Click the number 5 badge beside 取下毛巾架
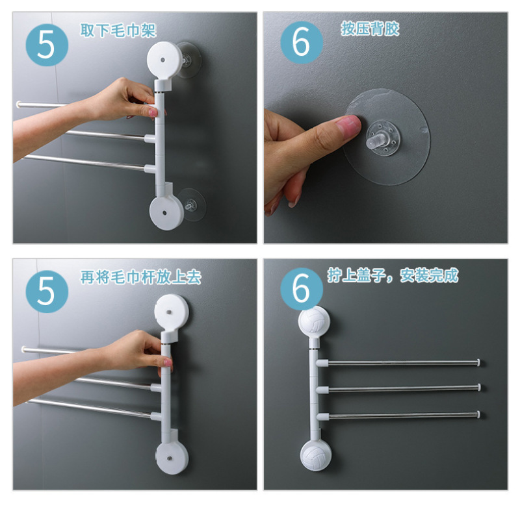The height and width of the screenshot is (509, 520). [47, 45]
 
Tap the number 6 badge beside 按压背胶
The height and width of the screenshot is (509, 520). [302, 42]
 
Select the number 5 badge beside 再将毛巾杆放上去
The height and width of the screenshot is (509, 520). [47, 292]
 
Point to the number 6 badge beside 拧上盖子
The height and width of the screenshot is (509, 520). [302, 289]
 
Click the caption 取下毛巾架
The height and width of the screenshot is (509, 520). [118, 31]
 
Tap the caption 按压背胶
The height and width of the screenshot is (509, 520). [370, 29]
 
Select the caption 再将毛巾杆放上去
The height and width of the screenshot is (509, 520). [141, 277]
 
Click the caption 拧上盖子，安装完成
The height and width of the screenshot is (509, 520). [393, 275]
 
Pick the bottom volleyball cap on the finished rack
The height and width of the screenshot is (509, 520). [316, 454]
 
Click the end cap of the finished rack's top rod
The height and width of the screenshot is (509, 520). [478, 362]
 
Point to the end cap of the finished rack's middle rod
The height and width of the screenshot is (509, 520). [479, 387]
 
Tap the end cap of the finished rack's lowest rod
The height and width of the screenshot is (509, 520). [478, 414]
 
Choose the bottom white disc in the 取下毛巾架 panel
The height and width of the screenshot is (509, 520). [166, 212]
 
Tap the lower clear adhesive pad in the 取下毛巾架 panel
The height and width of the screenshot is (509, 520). [192, 205]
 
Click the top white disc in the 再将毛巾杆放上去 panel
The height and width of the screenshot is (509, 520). [172, 312]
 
